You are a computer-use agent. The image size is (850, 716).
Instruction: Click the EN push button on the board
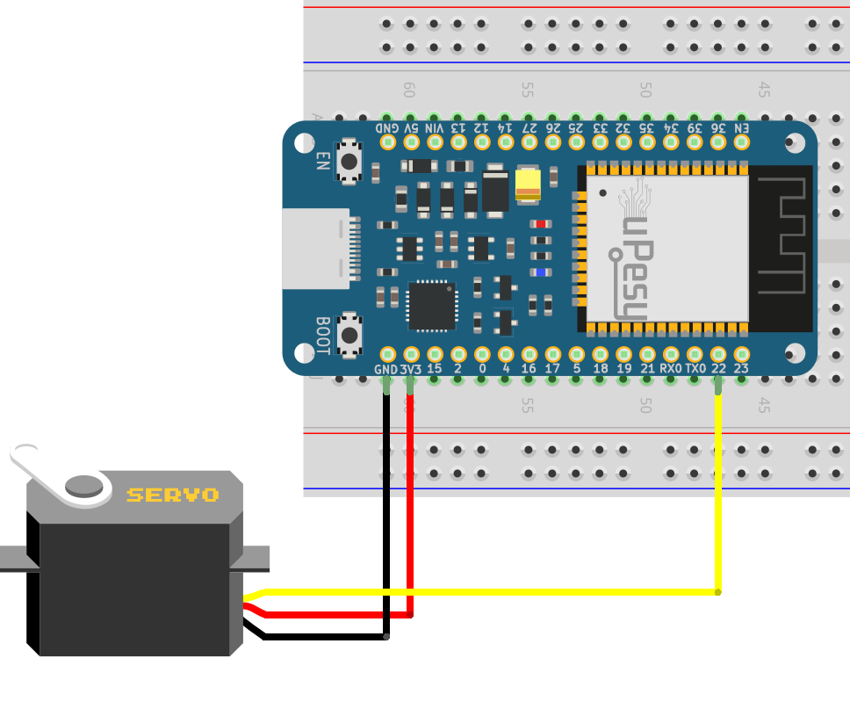(x=350, y=161)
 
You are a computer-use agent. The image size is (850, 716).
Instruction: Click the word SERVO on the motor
(x=172, y=495)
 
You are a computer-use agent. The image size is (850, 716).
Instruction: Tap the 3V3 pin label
(x=410, y=370)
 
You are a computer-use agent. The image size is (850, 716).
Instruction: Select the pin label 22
(x=718, y=369)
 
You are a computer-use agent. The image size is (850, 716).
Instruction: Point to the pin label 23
(x=742, y=369)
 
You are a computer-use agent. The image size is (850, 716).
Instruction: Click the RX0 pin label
(x=671, y=369)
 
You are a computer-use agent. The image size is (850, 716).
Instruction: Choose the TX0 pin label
(x=695, y=369)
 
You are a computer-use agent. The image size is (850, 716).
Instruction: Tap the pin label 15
(x=434, y=369)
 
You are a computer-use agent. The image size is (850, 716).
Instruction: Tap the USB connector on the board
(x=318, y=250)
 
